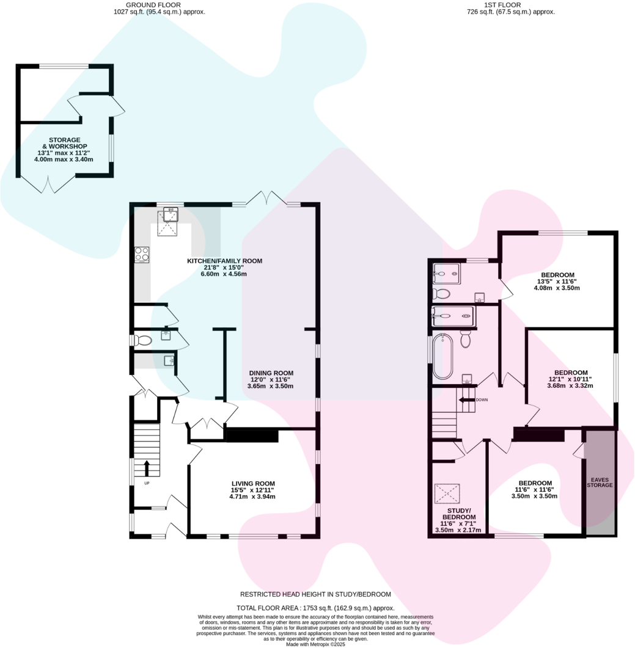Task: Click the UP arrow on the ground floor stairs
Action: point(146,468)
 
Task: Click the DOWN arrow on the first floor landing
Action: point(468,400)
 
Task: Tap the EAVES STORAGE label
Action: point(599,481)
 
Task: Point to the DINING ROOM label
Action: point(271,373)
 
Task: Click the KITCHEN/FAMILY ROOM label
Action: point(224,261)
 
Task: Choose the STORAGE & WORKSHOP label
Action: point(64,143)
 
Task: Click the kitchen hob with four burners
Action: point(142,253)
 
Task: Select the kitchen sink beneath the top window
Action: point(169,214)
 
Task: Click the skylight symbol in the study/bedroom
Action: point(447,493)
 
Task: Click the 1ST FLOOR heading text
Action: point(502,4)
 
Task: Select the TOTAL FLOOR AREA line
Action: point(315,608)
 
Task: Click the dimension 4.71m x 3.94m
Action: point(248,497)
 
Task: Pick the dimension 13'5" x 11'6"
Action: point(557,281)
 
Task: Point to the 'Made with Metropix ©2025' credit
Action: point(315,644)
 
